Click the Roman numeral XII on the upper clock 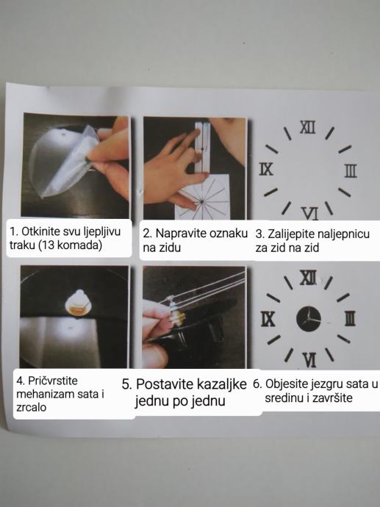[x=307, y=127]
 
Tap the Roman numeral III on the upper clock [x=351, y=170]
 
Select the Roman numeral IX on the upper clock [x=266, y=169]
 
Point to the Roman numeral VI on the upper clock [x=310, y=213]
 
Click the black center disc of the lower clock [x=309, y=319]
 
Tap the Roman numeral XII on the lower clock [x=308, y=278]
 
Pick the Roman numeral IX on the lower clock [x=268, y=319]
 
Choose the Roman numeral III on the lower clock [x=350, y=318]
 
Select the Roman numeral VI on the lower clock [x=310, y=360]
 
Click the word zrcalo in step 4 [x=32, y=407]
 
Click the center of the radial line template [x=201, y=202]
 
